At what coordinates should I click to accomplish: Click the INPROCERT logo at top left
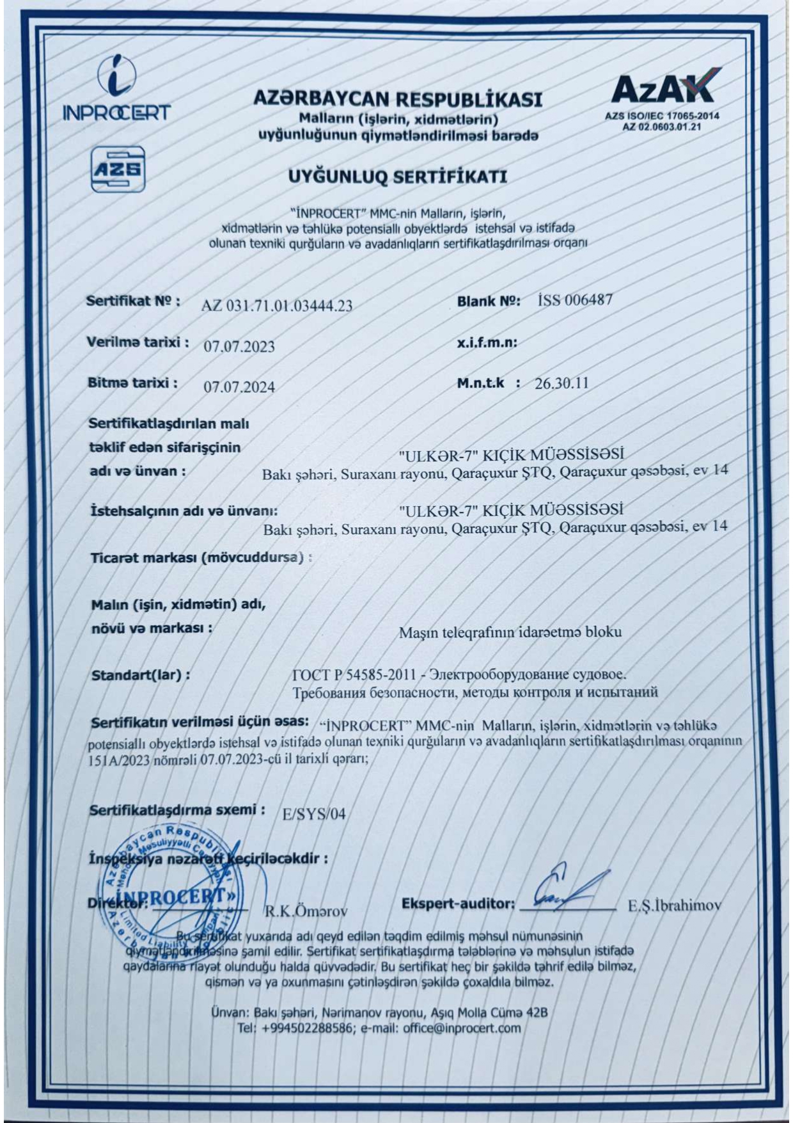click(x=116, y=89)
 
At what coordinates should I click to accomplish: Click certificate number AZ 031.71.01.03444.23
click(x=277, y=305)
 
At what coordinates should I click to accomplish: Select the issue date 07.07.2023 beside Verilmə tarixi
click(x=239, y=347)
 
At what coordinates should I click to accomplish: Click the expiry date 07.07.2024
click(x=239, y=387)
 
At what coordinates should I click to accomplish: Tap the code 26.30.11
click(x=561, y=383)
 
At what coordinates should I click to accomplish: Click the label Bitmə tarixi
click(x=132, y=383)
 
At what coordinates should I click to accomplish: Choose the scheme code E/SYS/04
click(x=313, y=814)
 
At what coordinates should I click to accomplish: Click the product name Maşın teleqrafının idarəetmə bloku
click(x=510, y=632)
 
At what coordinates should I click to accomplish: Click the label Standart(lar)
click(x=141, y=675)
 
